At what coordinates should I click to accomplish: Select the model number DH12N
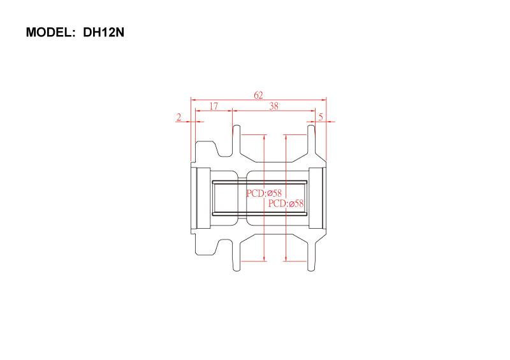[104, 32]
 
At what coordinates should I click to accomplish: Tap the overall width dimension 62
[258, 96]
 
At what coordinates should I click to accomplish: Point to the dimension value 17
[214, 106]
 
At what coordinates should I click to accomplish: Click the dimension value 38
[274, 106]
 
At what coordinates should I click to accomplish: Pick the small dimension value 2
[178, 117]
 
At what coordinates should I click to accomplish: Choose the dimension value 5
[321, 117]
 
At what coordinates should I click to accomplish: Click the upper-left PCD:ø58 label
[264, 193]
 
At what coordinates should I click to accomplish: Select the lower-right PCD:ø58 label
[286, 204]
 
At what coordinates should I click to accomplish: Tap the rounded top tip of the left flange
[237, 126]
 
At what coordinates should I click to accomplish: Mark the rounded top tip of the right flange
[311, 126]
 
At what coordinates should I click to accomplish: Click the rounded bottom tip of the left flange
[237, 270]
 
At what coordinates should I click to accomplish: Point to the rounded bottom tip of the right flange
[311, 270]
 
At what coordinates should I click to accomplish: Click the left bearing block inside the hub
[203, 198]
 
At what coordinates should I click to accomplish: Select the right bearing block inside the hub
[316, 198]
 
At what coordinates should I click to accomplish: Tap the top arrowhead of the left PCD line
[264, 138]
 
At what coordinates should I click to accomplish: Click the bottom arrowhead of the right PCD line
[286, 258]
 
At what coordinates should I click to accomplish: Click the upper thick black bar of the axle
[259, 182]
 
